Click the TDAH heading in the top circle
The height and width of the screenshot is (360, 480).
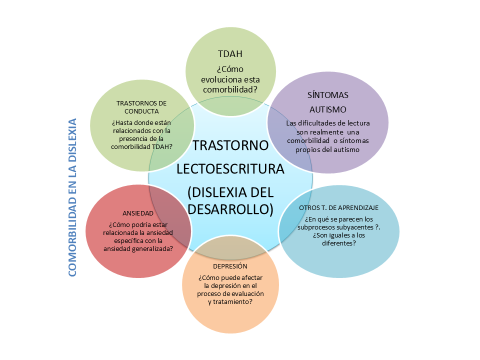230,54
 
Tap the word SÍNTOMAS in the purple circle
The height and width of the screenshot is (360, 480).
328,95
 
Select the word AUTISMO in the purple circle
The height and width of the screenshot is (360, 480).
328,109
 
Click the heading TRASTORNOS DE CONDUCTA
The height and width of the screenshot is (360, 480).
141,107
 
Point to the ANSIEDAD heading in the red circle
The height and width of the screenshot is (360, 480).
138,213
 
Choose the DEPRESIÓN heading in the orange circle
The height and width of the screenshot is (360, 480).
230,266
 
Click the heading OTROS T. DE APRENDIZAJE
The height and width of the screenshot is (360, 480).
339,208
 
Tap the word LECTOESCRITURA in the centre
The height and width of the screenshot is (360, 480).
230,169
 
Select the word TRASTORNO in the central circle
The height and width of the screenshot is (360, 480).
230,145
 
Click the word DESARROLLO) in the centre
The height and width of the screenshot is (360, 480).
230,209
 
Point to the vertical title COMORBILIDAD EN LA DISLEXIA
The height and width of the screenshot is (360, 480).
72,197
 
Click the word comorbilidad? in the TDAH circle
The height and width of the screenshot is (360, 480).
230,89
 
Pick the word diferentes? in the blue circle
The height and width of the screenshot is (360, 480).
339,243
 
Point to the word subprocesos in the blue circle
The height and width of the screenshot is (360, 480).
315,227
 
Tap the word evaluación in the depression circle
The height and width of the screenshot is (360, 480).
247,294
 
